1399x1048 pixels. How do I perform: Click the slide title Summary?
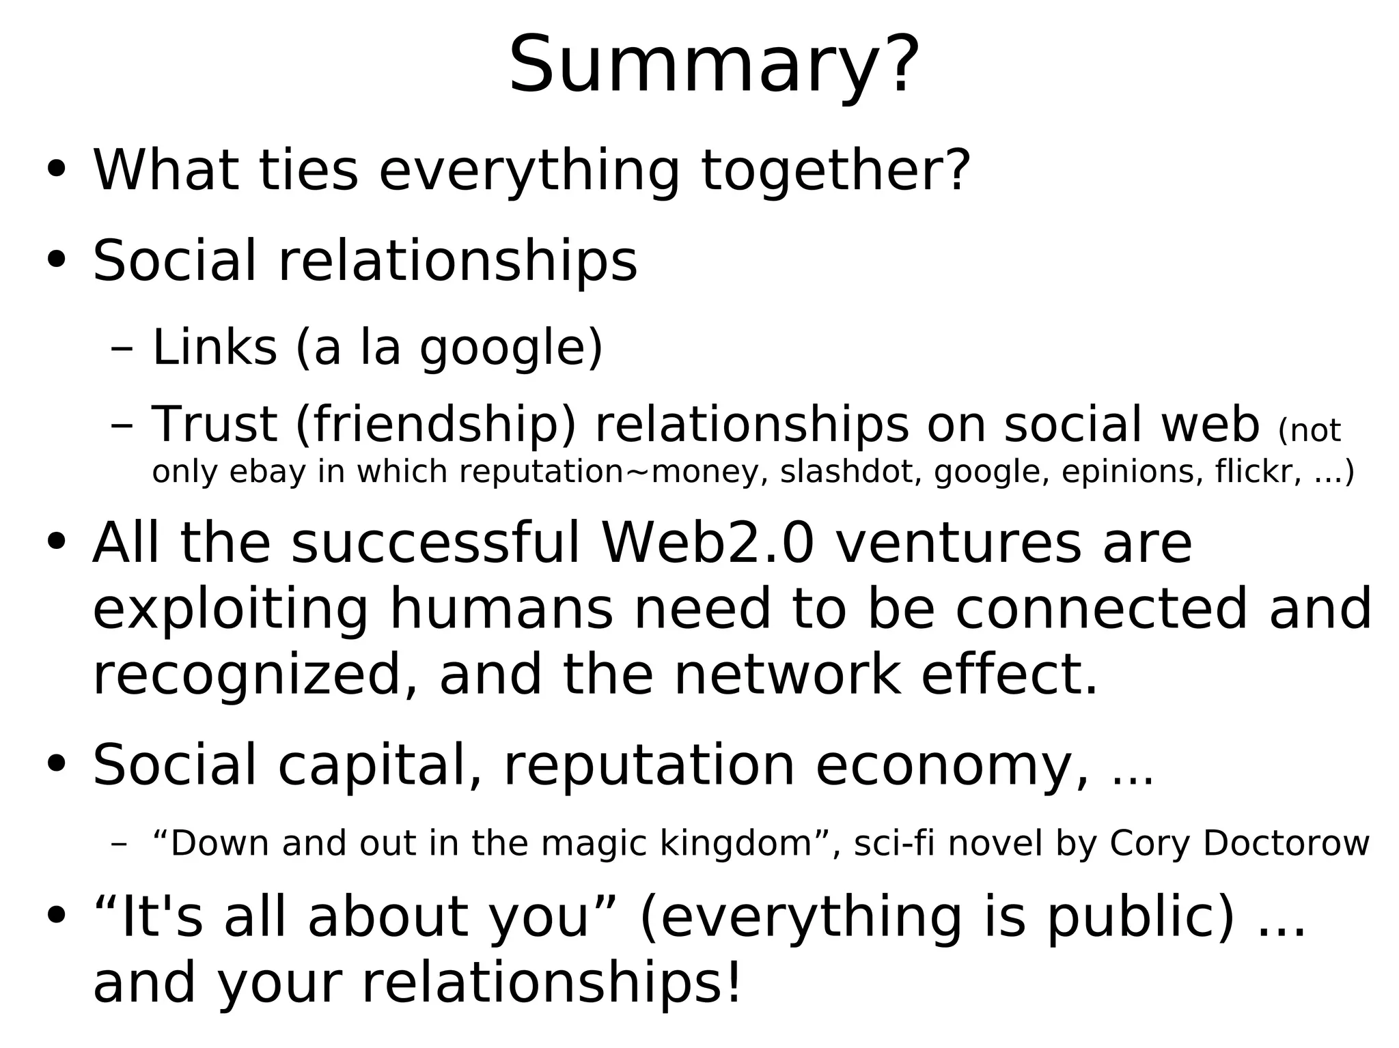pos(714,65)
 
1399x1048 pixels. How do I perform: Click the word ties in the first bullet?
pos(308,171)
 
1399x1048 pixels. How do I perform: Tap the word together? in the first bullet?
pos(835,171)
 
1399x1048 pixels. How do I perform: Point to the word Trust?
pos(214,424)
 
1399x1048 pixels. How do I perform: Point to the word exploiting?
pos(231,609)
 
